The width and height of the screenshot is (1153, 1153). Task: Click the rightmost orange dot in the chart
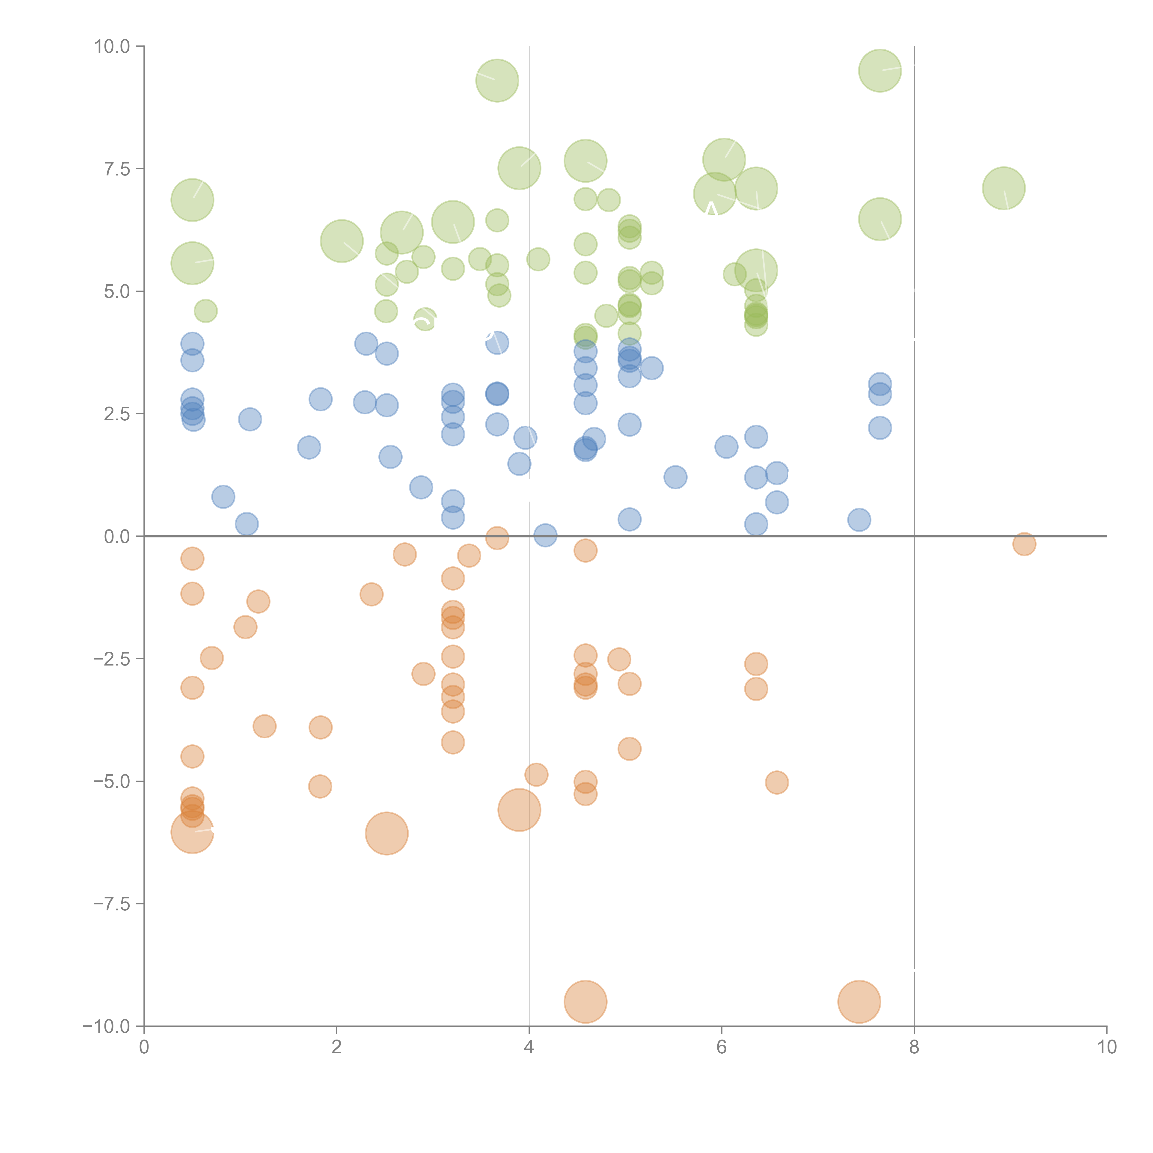click(1024, 544)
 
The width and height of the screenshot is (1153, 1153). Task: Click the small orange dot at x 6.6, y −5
click(776, 782)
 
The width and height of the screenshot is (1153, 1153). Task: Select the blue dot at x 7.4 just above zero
click(859, 520)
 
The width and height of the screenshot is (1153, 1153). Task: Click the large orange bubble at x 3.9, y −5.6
click(519, 810)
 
